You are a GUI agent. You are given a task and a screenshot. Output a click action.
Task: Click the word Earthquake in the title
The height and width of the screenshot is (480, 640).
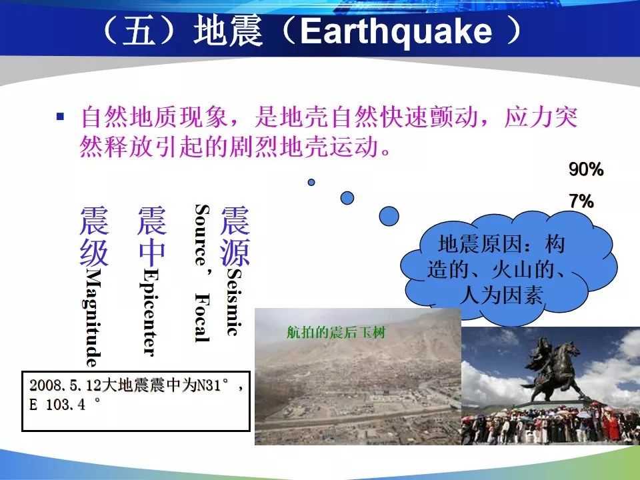click(x=396, y=32)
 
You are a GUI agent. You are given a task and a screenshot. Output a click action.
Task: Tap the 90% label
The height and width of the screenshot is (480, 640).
click(x=586, y=169)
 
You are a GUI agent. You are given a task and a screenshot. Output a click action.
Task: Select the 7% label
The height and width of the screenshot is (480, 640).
click(x=581, y=201)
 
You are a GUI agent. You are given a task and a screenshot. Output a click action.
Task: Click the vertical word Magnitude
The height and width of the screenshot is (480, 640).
click(x=93, y=317)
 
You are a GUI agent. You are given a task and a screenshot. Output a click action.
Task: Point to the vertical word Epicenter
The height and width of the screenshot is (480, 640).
click(x=150, y=313)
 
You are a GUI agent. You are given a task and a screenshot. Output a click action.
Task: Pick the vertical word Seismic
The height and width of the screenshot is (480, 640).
click(x=235, y=301)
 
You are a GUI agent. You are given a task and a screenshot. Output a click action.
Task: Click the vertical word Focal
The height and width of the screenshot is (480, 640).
click(x=202, y=317)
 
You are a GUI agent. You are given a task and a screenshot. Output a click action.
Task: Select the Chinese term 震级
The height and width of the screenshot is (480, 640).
click(x=94, y=236)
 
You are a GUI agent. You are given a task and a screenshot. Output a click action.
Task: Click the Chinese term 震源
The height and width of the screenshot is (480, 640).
click(x=235, y=236)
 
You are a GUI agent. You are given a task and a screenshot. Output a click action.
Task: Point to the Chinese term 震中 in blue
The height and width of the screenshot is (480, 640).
click(x=152, y=236)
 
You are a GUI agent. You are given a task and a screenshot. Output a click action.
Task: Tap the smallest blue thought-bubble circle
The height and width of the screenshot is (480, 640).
click(x=311, y=182)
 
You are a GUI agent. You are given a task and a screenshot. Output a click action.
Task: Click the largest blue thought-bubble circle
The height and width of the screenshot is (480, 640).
click(x=389, y=216)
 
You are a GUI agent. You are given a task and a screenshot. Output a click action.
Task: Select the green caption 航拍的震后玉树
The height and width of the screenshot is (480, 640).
click(x=336, y=333)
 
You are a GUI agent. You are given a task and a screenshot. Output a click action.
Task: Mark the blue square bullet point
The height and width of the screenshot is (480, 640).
click(x=61, y=117)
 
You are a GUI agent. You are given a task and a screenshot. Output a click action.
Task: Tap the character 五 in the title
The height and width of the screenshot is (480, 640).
click(x=139, y=32)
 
